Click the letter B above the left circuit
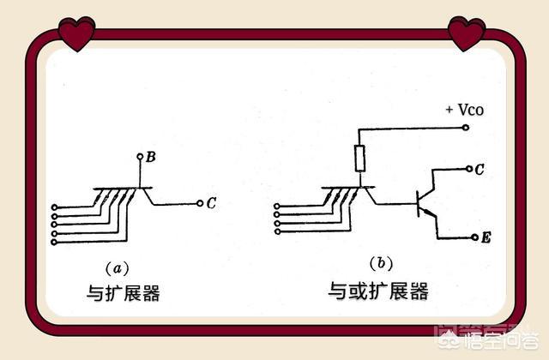(x=151, y=157)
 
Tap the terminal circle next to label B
(x=140, y=156)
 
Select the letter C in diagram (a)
(x=211, y=203)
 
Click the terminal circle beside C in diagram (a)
(x=200, y=203)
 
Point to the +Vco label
(x=465, y=110)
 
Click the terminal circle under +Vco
(x=466, y=128)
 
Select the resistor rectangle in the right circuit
(x=360, y=159)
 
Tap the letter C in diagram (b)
(x=480, y=170)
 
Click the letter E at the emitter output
(x=486, y=238)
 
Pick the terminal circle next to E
(x=474, y=237)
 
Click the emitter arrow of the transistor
(x=428, y=212)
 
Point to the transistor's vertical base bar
(x=418, y=204)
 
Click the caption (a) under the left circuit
(x=118, y=268)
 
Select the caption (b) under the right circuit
(x=381, y=263)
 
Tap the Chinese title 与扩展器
(x=124, y=293)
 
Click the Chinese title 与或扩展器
(x=378, y=291)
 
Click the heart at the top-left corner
(x=76, y=34)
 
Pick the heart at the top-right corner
(x=467, y=33)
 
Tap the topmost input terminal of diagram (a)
(x=54, y=207)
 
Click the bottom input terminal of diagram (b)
(x=278, y=231)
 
